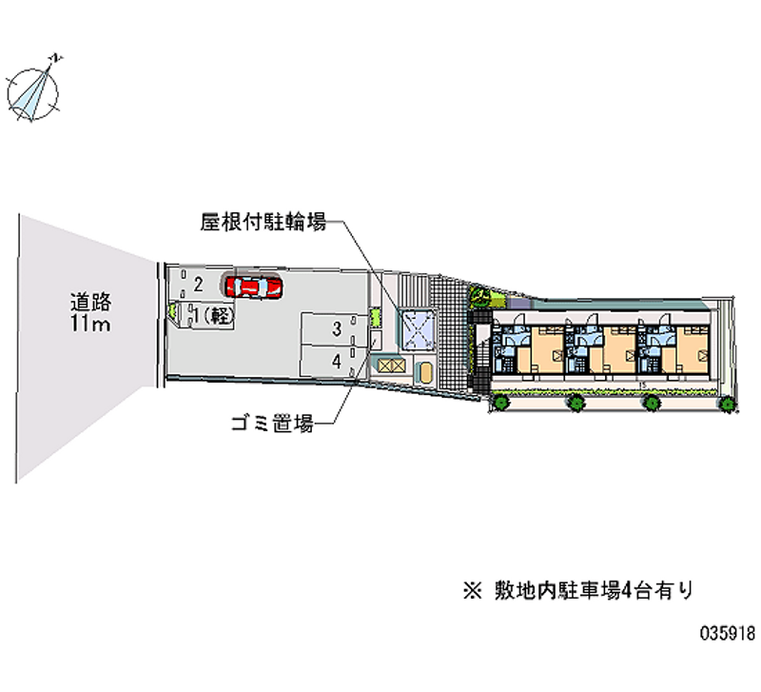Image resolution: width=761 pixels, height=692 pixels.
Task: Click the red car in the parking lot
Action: pyautogui.click(x=253, y=285)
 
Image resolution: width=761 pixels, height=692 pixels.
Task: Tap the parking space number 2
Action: pyautogui.click(x=197, y=283)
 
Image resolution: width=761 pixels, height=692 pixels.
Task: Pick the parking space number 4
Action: pyautogui.click(x=337, y=361)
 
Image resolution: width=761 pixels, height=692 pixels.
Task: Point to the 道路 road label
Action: pyautogui.click(x=90, y=303)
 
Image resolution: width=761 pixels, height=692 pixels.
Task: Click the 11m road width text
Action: pyautogui.click(x=90, y=326)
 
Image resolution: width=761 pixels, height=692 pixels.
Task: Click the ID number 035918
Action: pyautogui.click(x=727, y=633)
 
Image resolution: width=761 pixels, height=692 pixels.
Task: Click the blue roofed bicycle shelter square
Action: pyautogui.click(x=417, y=328)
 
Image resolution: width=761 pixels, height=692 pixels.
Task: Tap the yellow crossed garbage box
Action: pyautogui.click(x=389, y=363)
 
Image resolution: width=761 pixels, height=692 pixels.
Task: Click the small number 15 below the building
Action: pyautogui.click(x=644, y=386)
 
